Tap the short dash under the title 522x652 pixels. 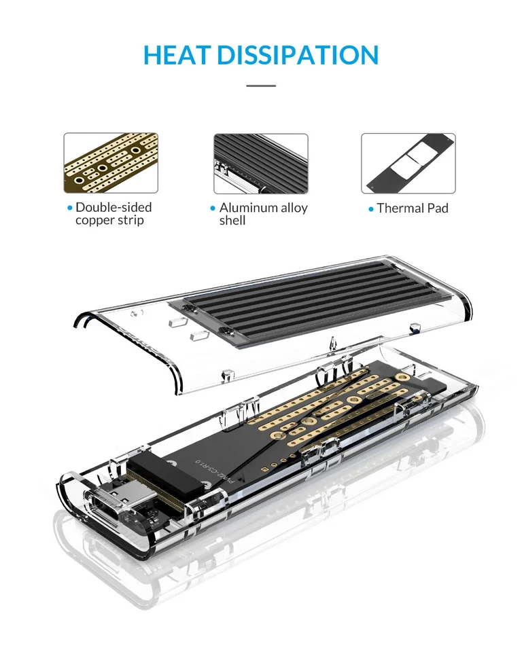coord(261,86)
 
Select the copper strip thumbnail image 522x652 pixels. coord(111,163)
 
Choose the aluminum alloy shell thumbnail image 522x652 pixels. coord(261,163)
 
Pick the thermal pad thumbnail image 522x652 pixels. coord(408,163)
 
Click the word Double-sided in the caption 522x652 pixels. coord(114,208)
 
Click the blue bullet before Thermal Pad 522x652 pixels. coord(371,209)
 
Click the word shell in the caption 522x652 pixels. coord(232,221)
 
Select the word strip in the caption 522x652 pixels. coord(130,221)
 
